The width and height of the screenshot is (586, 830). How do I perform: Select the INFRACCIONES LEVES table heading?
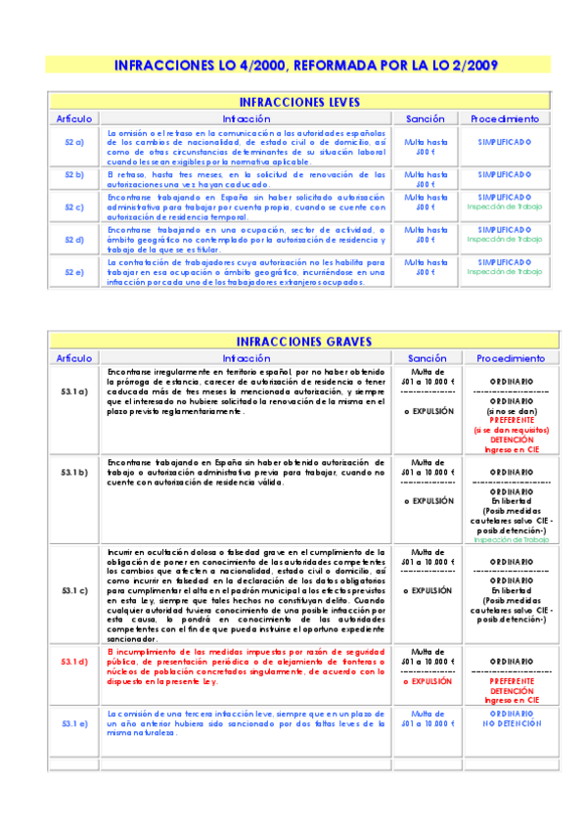coord(299,102)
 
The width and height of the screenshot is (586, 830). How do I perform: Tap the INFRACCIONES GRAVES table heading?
coord(299,342)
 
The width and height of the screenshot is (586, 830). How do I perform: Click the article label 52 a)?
coord(74,143)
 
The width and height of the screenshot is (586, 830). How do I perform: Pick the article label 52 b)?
coord(74,175)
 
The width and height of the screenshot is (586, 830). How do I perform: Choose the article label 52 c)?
coord(74,207)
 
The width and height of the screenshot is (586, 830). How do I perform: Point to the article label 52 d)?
coord(74,240)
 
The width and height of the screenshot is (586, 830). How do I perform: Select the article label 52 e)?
coord(74,271)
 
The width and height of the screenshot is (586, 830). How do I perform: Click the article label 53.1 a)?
coord(74,391)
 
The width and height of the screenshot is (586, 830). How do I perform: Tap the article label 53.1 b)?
coord(74,473)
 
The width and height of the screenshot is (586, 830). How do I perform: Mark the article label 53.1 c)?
coord(74,591)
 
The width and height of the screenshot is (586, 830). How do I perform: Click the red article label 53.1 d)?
coord(74,663)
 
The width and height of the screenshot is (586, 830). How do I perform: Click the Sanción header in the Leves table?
coord(426,118)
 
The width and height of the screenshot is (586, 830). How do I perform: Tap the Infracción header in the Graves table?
coord(246,358)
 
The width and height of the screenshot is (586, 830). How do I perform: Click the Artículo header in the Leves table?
coord(74,118)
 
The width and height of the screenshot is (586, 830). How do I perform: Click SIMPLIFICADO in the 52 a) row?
coord(505,142)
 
